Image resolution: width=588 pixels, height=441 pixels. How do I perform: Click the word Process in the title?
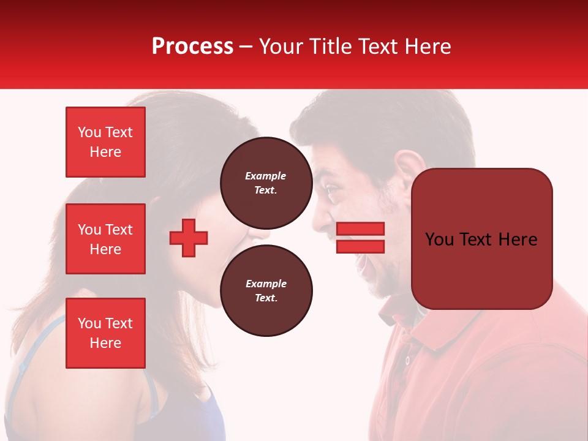[x=192, y=47]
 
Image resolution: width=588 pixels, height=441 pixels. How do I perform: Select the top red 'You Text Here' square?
[x=105, y=142]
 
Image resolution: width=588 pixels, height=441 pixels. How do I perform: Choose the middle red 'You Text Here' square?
[x=105, y=239]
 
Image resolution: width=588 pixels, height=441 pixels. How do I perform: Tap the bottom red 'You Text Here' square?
[x=105, y=333]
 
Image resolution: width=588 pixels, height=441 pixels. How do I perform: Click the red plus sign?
[x=189, y=238]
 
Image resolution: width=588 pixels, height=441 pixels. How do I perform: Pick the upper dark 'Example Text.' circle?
[x=266, y=183]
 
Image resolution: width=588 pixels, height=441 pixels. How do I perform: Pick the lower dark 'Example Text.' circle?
[x=266, y=290]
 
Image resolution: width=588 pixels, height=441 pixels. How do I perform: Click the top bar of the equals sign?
[x=360, y=228]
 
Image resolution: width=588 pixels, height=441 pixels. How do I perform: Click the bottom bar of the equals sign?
[x=360, y=246]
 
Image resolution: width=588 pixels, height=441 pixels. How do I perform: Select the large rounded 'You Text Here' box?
[x=481, y=239]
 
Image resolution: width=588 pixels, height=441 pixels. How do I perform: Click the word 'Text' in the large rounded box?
[x=481, y=239]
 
